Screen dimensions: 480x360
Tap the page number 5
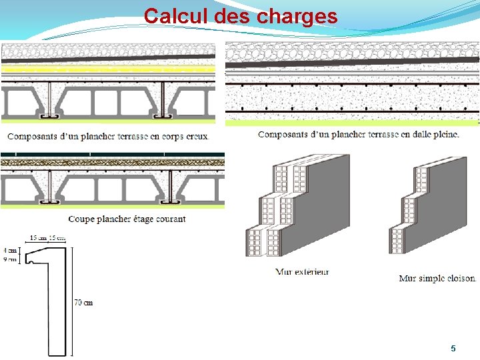pos(453,348)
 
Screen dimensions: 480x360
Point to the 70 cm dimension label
pos(83,303)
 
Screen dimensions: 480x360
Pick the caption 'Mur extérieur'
pos(302,272)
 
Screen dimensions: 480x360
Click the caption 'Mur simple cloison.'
pos(438,278)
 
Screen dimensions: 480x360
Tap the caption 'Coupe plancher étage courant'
pos(127,219)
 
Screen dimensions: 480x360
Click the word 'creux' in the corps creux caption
pos(196,136)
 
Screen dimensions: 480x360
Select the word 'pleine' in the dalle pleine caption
pos(443,134)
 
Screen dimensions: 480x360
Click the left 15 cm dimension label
pos(38,238)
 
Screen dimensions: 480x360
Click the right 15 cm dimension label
pos(57,238)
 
